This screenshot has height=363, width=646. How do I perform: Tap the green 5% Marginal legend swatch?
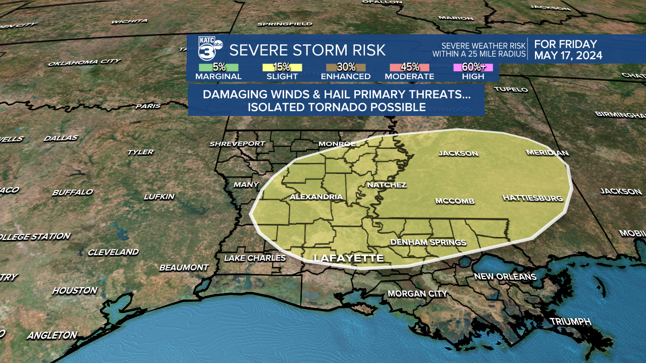[x=219, y=67]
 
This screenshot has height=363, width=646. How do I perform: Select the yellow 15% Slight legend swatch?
[x=282, y=67]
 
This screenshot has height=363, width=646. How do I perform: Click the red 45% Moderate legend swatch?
[x=409, y=67]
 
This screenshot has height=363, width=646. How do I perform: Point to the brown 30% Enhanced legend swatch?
[x=346, y=67]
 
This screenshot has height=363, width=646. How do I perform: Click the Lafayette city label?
[x=348, y=258]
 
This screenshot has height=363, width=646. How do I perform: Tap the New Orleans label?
[x=505, y=277]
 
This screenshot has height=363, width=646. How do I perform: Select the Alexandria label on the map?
[x=316, y=197]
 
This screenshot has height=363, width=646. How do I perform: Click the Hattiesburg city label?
[x=532, y=198]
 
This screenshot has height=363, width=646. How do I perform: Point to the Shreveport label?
[x=237, y=144]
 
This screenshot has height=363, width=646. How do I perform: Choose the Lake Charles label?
[x=254, y=258]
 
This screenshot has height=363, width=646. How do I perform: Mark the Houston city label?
[x=75, y=290]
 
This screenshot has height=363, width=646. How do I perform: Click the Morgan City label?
[x=417, y=293]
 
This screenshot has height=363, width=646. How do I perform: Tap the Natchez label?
[x=386, y=185]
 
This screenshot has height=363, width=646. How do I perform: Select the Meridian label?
[x=547, y=153]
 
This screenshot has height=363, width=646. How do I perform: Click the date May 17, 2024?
[x=568, y=55]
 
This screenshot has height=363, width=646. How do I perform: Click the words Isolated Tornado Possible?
[x=336, y=107]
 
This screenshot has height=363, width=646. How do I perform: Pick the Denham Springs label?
[x=428, y=243]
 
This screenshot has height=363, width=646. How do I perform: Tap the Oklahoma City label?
[x=84, y=62]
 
